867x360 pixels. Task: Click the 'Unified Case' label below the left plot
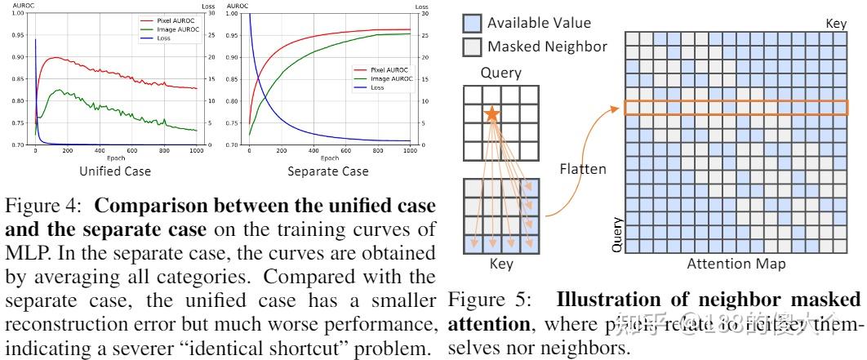click(113, 171)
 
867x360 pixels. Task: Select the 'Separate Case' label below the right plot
click(327, 171)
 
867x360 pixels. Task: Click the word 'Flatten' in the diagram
click(584, 170)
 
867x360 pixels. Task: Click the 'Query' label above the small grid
click(500, 73)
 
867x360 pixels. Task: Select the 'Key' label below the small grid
click(500, 264)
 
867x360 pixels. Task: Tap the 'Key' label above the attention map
click(836, 24)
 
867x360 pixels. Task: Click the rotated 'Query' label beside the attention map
click(617, 233)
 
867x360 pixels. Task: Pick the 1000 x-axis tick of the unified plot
click(196, 152)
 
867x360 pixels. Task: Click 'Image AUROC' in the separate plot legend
click(385, 78)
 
